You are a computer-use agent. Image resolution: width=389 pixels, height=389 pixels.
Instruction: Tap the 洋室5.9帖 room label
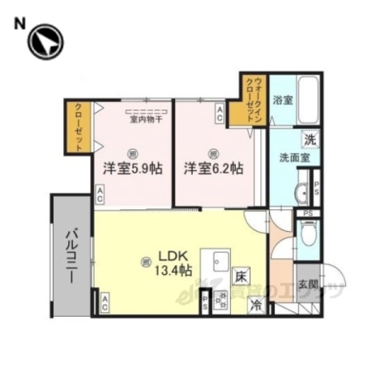(133, 169)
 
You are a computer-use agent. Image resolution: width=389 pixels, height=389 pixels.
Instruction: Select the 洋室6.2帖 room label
(213, 169)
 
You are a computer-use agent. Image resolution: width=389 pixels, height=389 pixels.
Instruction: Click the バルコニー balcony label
(71, 254)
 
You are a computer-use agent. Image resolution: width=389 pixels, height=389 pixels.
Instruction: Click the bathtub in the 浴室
(307, 98)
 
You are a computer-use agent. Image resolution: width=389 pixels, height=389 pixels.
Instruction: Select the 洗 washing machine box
(309, 139)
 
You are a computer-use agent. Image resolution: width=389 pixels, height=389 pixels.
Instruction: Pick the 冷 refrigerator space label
(256, 306)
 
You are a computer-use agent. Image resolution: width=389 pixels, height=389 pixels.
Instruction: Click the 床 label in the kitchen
(241, 276)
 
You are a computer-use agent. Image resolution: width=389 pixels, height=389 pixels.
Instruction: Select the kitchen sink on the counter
(220, 261)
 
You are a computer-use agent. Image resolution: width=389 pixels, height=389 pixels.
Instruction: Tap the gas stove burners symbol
(220, 298)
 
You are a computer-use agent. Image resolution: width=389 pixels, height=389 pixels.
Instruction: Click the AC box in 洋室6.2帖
(220, 115)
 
